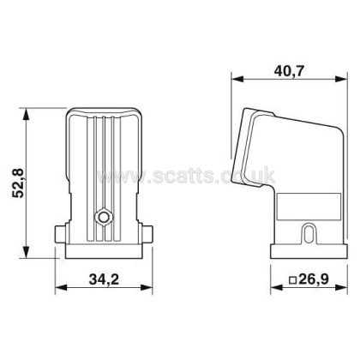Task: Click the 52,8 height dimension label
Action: [x=20, y=183]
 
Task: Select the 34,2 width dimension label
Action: [x=104, y=279]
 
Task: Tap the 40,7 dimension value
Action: [x=289, y=71]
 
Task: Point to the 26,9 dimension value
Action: [x=314, y=279]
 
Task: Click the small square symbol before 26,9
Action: [x=292, y=280]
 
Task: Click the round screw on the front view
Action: [x=104, y=218]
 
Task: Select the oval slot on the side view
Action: [x=309, y=234]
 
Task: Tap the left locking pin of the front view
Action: [x=61, y=234]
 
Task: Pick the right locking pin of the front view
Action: [x=146, y=234]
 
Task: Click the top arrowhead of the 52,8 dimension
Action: [x=26, y=114]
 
